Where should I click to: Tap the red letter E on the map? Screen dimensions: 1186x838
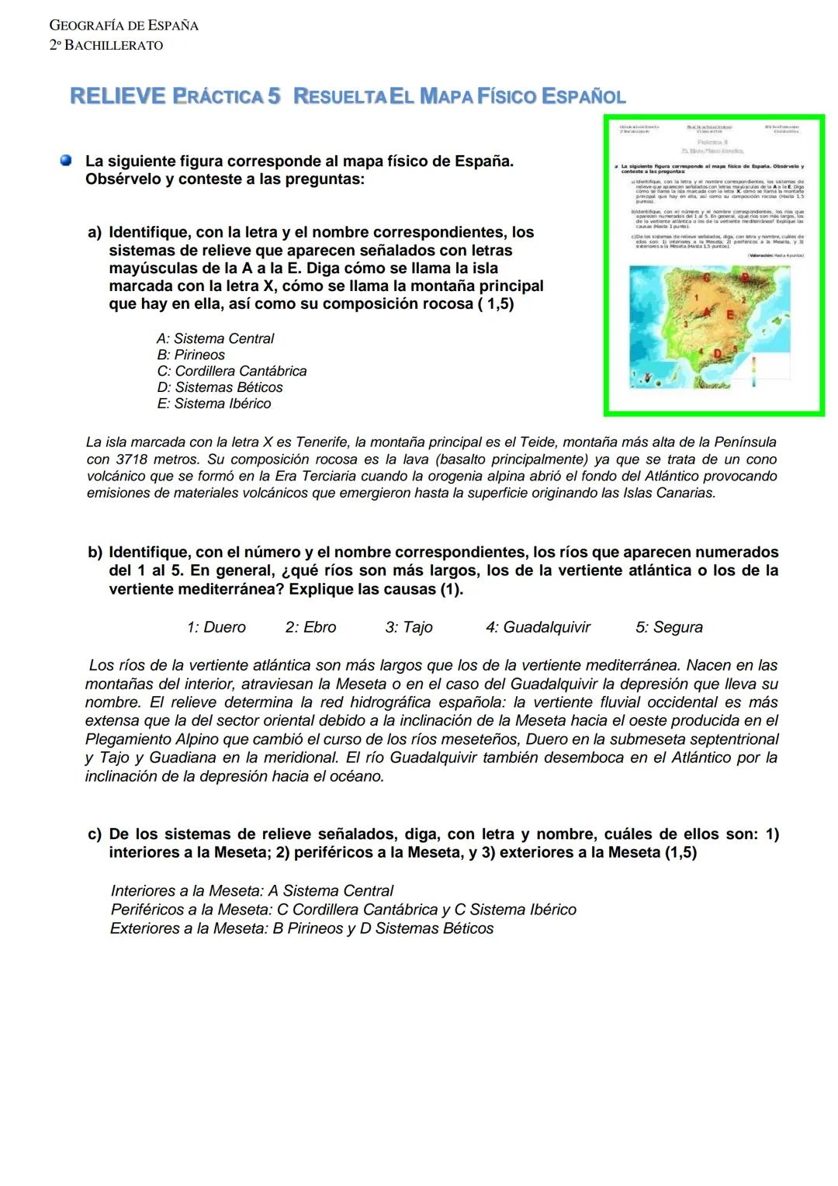pyautogui.click(x=730, y=315)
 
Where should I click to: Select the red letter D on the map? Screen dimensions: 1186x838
pyautogui.click(x=718, y=354)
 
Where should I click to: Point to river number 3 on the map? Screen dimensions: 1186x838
pyautogui.click(x=685, y=324)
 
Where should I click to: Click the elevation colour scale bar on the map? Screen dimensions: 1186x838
pyautogui.click(x=753, y=371)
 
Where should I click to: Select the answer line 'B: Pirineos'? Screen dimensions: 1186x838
pyautogui.click(x=190, y=355)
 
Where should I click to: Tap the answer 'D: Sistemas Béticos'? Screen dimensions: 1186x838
pyautogui.click(x=220, y=387)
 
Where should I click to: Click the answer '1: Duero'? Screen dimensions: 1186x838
pyautogui.click(x=216, y=627)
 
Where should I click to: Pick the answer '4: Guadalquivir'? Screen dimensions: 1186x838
pyautogui.click(x=538, y=627)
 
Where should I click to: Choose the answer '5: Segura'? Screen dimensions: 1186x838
pyautogui.click(x=669, y=627)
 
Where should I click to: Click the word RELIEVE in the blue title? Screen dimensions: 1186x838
pyautogui.click(x=117, y=96)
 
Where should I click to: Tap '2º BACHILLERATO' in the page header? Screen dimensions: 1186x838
pyautogui.click(x=106, y=45)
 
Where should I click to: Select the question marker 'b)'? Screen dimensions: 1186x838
pyautogui.click(x=95, y=553)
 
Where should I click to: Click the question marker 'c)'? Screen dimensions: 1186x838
pyautogui.click(x=95, y=834)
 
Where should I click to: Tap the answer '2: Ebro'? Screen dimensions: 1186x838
pyautogui.click(x=310, y=627)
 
